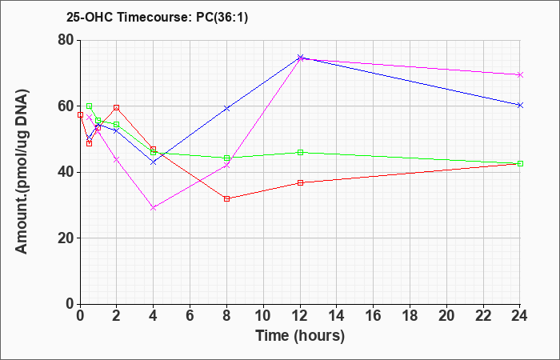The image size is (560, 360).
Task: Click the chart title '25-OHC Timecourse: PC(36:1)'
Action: click(157, 17)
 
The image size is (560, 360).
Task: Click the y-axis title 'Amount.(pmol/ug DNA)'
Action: click(22, 171)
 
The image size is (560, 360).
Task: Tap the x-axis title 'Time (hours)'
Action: click(300, 336)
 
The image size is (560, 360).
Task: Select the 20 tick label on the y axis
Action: click(66, 238)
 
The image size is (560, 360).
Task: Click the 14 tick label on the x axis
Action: click(337, 316)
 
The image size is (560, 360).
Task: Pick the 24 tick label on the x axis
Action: click(520, 316)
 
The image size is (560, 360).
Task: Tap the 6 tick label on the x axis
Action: click(190, 316)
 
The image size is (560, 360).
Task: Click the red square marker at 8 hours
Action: click(226, 199)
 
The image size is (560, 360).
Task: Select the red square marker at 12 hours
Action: click(300, 183)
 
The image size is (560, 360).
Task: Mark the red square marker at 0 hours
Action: click(80, 115)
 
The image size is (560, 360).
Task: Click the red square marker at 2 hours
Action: click(117, 107)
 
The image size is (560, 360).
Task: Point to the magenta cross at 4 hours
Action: click(154, 208)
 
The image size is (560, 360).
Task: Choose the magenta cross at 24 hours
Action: click(520, 74)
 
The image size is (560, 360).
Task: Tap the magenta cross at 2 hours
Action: click(117, 160)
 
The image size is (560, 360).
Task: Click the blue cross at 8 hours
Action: click(226, 108)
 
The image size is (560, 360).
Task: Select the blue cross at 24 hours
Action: click(520, 105)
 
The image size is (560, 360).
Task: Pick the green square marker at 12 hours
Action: click(300, 153)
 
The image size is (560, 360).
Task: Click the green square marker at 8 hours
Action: click(226, 158)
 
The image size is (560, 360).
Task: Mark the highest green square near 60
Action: click(90, 106)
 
